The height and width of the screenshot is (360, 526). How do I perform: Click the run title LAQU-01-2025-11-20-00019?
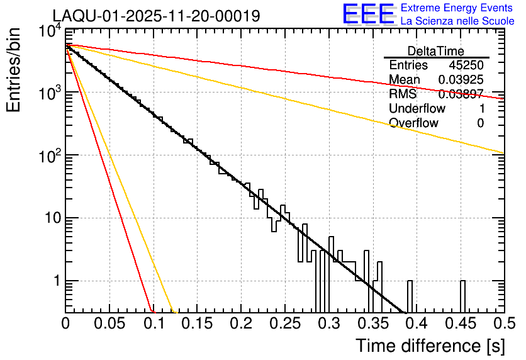(x=156, y=16)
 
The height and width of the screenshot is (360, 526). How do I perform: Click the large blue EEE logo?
(x=368, y=14)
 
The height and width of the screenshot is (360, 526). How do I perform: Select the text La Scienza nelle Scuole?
(x=457, y=21)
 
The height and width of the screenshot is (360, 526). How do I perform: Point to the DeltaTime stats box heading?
(x=436, y=51)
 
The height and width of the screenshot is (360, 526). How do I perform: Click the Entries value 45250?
(x=466, y=65)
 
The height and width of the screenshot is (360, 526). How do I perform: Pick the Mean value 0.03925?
(x=461, y=80)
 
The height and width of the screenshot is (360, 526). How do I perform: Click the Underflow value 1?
(x=480, y=109)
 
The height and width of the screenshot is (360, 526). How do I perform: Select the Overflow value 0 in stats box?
(x=480, y=123)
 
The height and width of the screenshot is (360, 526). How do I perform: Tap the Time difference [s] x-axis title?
(x=429, y=346)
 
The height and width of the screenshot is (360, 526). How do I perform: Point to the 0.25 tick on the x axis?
(x=284, y=324)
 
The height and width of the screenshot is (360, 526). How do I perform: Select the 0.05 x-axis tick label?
(x=109, y=324)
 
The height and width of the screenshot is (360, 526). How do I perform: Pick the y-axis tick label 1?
(x=54, y=281)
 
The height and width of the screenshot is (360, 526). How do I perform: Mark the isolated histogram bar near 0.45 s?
(x=462, y=296)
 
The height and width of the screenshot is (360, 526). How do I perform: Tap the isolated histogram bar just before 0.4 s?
(x=410, y=296)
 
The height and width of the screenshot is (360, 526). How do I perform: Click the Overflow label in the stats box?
(x=413, y=123)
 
